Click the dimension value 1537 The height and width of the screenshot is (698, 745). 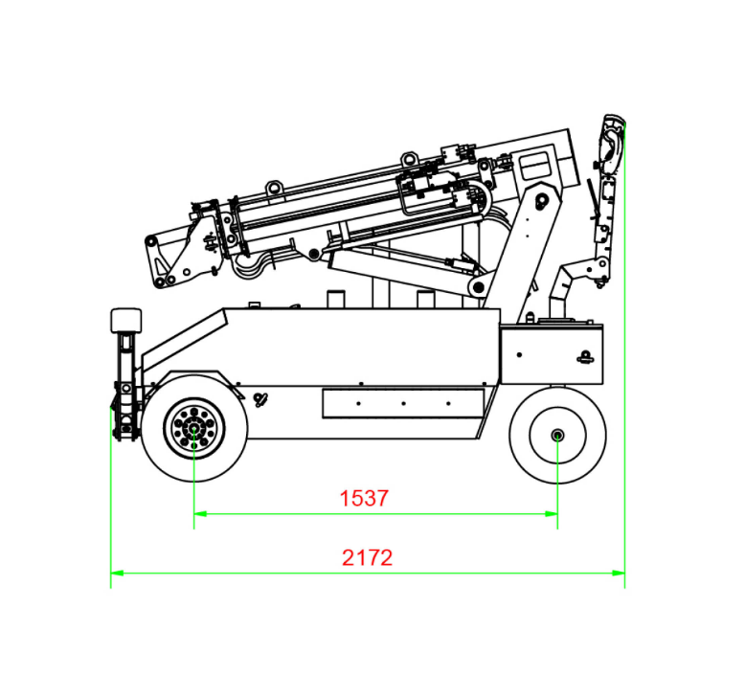coord(364,499)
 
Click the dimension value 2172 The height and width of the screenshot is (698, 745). coord(368,558)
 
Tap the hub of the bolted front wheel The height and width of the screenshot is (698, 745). coord(194,429)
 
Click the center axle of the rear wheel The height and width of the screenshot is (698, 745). coord(558,435)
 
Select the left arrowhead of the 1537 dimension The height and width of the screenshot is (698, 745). coord(200,513)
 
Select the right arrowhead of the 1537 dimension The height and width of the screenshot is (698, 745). coord(552,513)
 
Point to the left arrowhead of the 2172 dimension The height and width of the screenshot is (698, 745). coord(117,573)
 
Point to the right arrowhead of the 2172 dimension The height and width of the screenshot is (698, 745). coord(619,573)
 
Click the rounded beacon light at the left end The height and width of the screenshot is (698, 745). coord(125,320)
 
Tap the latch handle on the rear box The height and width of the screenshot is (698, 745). coord(586,357)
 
